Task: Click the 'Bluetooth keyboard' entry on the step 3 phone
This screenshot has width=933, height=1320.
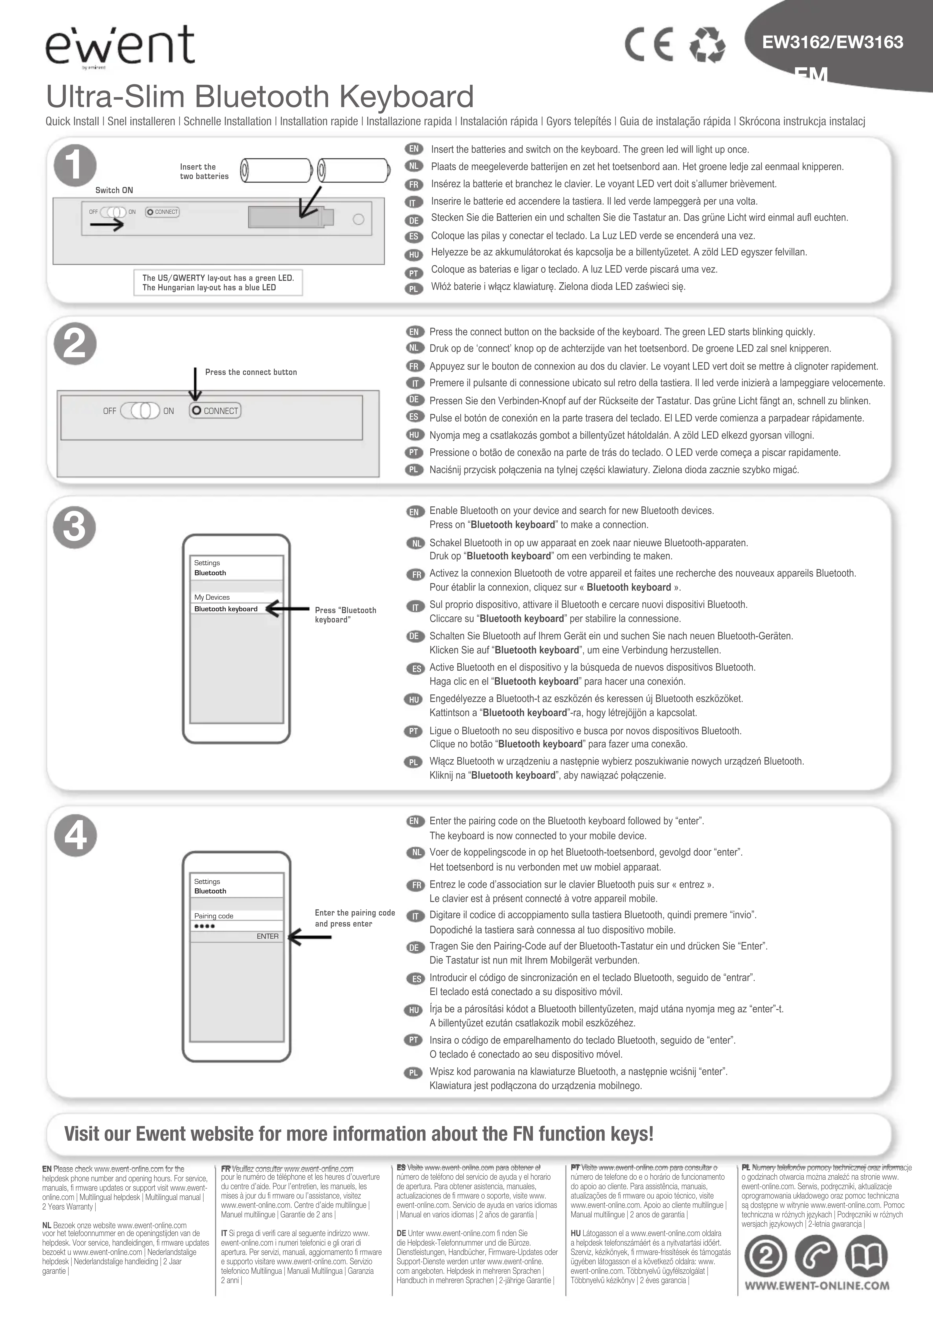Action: pyautogui.click(x=226, y=609)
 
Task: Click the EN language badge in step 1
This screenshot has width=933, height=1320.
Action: pyautogui.click(x=414, y=149)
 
